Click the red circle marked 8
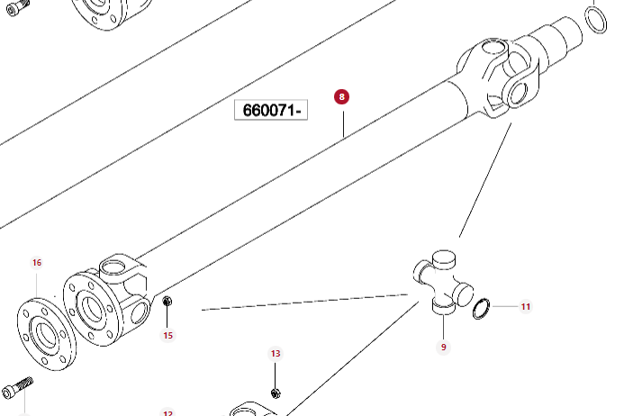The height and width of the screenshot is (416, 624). [x=341, y=96]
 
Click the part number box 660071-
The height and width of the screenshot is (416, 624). [x=271, y=111]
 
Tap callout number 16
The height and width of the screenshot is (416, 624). [x=37, y=263]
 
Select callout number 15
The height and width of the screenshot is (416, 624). [x=167, y=336]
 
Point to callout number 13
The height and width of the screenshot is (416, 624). [x=276, y=354]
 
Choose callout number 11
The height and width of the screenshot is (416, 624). [x=526, y=307]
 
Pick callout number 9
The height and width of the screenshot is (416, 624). [x=443, y=347]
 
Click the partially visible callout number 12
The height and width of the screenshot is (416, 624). [x=167, y=412]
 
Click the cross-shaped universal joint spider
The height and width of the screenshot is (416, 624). [x=442, y=285]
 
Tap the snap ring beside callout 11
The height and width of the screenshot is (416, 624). [x=483, y=309]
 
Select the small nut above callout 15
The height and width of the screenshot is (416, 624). [x=167, y=303]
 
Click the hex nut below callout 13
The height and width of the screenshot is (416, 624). [x=276, y=393]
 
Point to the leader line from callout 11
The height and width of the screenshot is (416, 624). [x=505, y=307]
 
